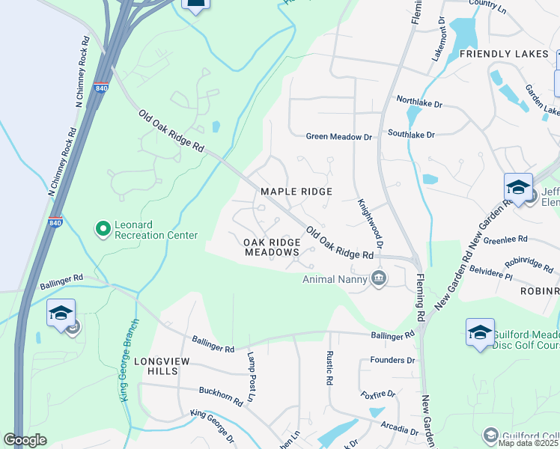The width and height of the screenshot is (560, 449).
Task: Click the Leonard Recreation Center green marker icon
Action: click(103, 227)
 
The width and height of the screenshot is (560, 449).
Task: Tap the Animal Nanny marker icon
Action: click(379, 279)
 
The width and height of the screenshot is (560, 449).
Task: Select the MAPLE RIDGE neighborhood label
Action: click(296, 192)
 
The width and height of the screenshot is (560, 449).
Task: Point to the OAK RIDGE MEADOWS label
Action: click(272, 247)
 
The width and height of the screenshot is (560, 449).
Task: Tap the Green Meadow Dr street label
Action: click(338, 136)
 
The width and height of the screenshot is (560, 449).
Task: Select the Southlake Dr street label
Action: click(411, 134)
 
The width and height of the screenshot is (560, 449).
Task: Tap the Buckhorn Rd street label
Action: click(220, 396)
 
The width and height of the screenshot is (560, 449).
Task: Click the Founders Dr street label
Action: click(392, 360)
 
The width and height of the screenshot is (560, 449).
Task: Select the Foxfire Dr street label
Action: click(377, 394)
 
